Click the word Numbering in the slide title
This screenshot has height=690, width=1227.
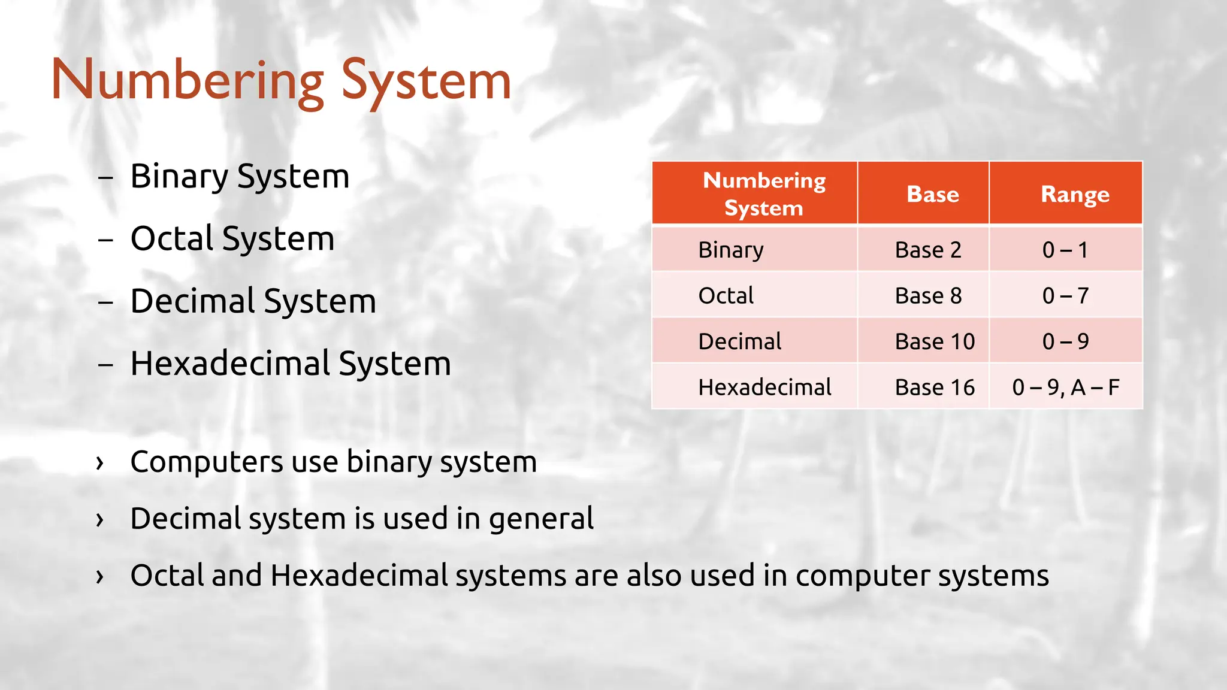pyautogui.click(x=187, y=81)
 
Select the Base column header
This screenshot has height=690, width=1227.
pyautogui.click(x=932, y=194)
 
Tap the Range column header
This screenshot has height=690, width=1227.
pyautogui.click(x=1075, y=194)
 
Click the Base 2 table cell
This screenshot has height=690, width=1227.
pyautogui.click(x=927, y=250)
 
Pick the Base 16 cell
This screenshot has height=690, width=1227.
pyautogui.click(x=934, y=388)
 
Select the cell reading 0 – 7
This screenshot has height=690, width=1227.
pyautogui.click(x=1065, y=296)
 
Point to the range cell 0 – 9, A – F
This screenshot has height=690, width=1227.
pyautogui.click(x=1065, y=388)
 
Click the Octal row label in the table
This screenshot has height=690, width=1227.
pyautogui.click(x=726, y=296)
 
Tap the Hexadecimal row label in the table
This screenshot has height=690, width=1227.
pyautogui.click(x=764, y=388)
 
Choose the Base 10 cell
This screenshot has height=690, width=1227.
pyautogui.click(x=934, y=341)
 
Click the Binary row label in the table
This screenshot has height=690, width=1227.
pyautogui.click(x=730, y=250)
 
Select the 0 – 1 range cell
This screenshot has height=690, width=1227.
pyautogui.click(x=1065, y=250)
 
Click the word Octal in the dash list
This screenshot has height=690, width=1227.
pyautogui.click(x=172, y=238)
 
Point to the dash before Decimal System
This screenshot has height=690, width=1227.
pyautogui.click(x=105, y=302)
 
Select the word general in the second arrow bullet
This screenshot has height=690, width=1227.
pyautogui.click(x=541, y=519)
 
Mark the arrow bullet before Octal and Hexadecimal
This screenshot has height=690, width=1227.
pyautogui.click(x=100, y=576)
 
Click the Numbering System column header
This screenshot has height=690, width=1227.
pyautogui.click(x=763, y=193)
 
